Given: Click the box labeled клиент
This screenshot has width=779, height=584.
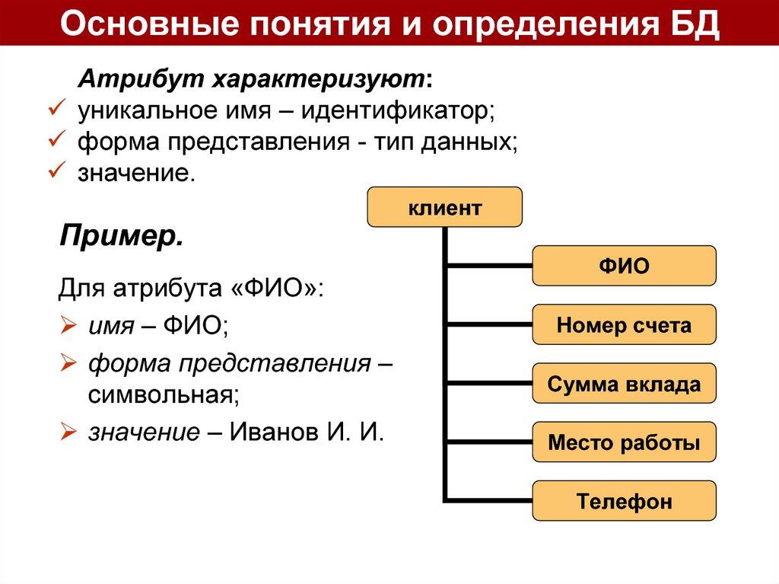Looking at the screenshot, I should pyautogui.click(x=445, y=207).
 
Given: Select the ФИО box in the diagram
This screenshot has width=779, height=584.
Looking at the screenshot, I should pyautogui.click(x=624, y=266).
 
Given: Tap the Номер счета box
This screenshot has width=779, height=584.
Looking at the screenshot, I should pyautogui.click(x=624, y=325).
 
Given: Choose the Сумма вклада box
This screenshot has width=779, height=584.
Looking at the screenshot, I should pyautogui.click(x=624, y=384).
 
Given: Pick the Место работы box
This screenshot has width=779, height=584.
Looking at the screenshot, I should pyautogui.click(x=624, y=442).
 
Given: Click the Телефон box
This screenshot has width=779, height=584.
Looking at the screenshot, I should pyautogui.click(x=624, y=501).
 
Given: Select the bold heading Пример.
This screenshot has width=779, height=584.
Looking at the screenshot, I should pyautogui.click(x=121, y=235).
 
